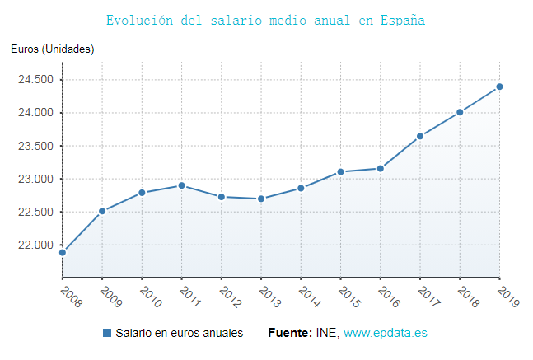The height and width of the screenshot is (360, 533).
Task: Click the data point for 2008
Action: [x=63, y=252]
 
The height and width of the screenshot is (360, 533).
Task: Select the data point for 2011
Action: [x=181, y=185]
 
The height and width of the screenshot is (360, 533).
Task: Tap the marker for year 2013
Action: [x=261, y=199]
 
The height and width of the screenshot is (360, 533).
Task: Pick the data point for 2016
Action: [x=381, y=168]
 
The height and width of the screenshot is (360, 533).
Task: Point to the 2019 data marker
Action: [x=499, y=86]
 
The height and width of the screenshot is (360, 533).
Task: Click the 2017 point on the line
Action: [x=420, y=136]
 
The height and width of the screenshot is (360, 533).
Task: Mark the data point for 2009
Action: [x=102, y=211]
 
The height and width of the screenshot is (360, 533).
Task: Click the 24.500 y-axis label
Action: [x=35, y=80]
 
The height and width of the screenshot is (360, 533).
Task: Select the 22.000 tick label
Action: [x=35, y=245]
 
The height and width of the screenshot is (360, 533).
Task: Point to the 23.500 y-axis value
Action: [x=35, y=146]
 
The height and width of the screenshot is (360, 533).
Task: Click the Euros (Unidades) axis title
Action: [x=53, y=49]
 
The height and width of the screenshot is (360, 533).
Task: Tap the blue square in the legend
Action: [x=107, y=333]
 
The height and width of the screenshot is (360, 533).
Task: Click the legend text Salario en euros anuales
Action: [x=179, y=333]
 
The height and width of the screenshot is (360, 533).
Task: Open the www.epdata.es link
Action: [x=386, y=333]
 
